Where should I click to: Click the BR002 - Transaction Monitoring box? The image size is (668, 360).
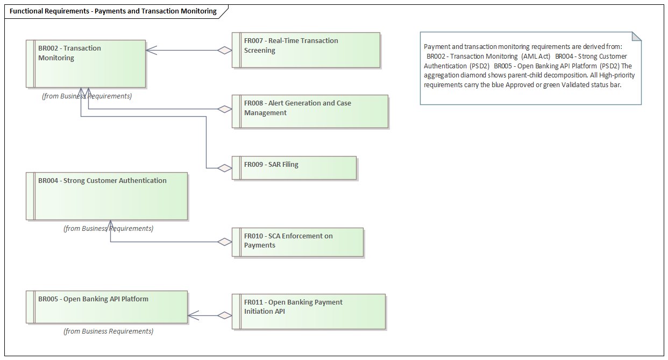tap(86, 63)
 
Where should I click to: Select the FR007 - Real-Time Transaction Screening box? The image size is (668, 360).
tap(305, 50)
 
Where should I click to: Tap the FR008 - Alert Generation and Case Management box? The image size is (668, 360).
tap(310, 111)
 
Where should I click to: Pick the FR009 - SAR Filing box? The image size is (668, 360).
tap(294, 168)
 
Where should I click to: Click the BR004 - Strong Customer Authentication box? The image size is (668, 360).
tap(106, 196)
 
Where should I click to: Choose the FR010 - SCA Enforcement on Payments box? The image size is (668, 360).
tap(297, 242)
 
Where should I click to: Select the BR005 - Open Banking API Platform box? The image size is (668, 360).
tap(106, 307)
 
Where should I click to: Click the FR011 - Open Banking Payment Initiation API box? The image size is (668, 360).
tap(308, 311)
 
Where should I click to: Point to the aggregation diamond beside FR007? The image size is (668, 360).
tap(224, 51)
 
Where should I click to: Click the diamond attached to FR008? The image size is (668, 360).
tap(224, 109)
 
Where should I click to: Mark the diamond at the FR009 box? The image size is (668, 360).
tap(224, 168)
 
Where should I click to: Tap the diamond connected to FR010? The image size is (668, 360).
tap(224, 242)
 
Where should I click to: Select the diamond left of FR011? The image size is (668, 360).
tap(224, 315)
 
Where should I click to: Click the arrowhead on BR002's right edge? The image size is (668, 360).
tap(151, 51)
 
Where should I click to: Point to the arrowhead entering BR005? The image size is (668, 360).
tap(193, 315)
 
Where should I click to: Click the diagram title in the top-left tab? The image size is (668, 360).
tap(113, 11)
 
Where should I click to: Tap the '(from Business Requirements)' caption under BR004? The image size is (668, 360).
tap(108, 229)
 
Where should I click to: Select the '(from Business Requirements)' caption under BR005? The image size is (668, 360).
tap(108, 331)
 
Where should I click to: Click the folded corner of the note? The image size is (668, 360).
tap(636, 37)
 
